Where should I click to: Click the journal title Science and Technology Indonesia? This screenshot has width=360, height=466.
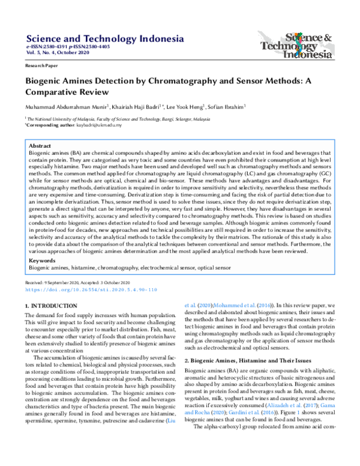[104, 40]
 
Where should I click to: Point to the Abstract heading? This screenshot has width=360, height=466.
[40, 146]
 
